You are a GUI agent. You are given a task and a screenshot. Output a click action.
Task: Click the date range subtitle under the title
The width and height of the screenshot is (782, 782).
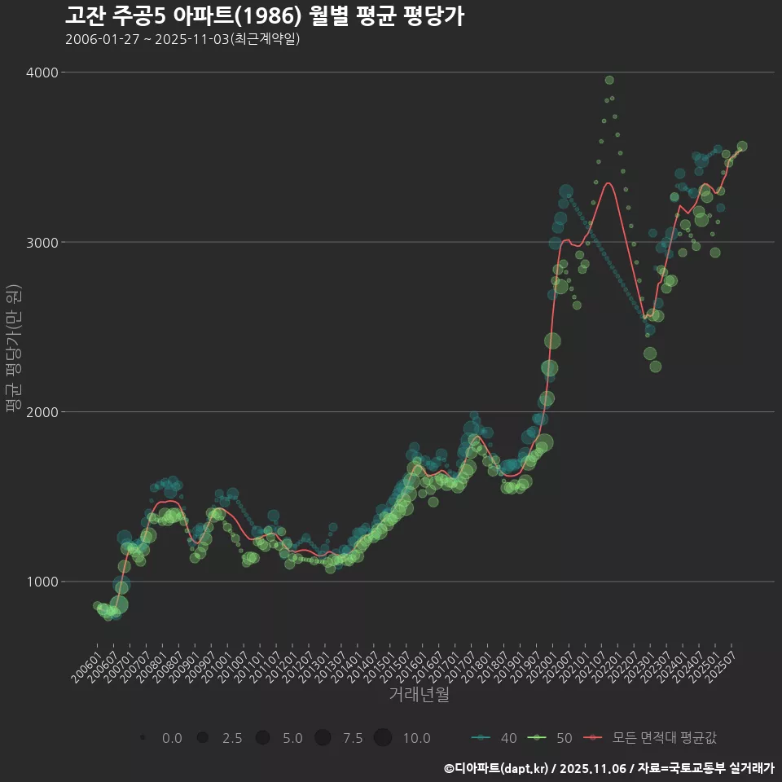182,39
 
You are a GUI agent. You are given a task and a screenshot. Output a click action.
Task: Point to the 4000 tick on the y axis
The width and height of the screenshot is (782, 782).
42,72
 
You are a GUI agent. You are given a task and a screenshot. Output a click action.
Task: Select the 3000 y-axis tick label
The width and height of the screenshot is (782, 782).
42,242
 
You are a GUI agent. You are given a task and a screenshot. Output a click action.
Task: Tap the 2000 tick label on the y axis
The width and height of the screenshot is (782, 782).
42,411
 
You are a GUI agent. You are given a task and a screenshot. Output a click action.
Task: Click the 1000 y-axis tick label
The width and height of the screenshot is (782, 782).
42,581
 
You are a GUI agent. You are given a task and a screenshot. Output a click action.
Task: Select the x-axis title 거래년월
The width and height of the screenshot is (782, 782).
419,694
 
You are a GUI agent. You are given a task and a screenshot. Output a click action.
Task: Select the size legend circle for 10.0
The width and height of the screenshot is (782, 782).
383,738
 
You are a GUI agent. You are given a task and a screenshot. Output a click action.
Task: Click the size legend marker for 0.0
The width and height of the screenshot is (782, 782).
143,738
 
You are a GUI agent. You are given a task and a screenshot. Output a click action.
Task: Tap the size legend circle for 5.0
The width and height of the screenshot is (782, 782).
262,738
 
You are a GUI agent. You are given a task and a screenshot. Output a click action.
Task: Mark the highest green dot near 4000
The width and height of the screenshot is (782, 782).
609,80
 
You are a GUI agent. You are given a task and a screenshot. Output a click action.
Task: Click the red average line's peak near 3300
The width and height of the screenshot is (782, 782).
608,183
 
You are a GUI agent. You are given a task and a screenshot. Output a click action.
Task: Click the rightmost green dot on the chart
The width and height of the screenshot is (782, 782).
742,147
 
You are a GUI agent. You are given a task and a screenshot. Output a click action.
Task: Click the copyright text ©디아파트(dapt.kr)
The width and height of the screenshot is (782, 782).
497,768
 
